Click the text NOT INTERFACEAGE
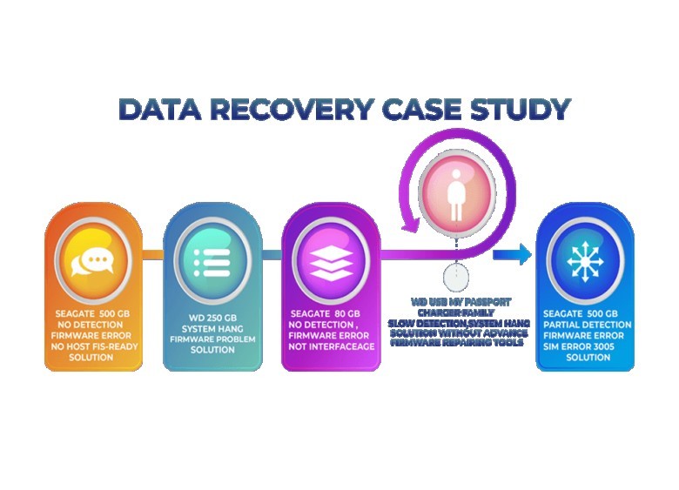click(x=332, y=346)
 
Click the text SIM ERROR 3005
click(x=580, y=346)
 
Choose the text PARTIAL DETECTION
click(x=580, y=324)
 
